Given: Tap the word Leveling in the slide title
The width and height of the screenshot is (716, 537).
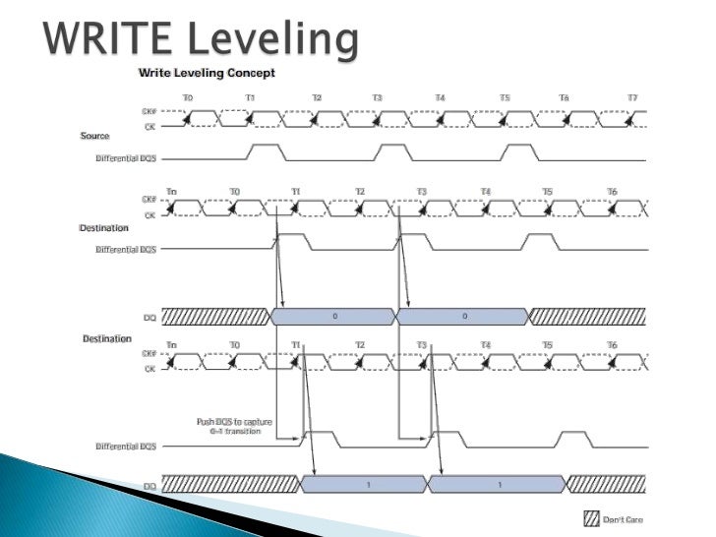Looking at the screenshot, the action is coord(281,39).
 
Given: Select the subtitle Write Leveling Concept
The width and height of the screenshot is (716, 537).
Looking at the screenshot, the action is coord(207,72).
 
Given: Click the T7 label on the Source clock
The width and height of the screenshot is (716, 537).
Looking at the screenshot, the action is coord(632,97).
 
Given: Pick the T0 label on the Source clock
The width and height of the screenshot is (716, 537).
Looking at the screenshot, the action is coord(188,97).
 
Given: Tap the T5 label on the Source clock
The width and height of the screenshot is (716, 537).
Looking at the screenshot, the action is coord(505,97).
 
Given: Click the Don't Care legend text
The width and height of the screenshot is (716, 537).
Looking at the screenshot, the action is coord(624,519).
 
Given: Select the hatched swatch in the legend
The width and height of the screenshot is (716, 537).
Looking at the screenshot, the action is coord(592,519).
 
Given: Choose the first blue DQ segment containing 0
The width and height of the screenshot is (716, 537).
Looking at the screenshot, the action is coord(333,316).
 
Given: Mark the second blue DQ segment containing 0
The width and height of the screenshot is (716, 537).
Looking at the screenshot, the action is coord(463,316).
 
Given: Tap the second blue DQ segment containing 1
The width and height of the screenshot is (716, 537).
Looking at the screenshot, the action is coord(498,484).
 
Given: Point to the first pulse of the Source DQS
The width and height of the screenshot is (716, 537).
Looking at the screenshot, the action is coord(266,151).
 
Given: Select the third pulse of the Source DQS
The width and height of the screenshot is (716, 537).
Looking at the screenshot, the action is coord(520,151).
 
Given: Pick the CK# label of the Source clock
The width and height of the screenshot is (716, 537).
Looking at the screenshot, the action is coord(149,111).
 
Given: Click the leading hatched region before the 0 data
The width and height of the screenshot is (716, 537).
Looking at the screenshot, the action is coord(214,316).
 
